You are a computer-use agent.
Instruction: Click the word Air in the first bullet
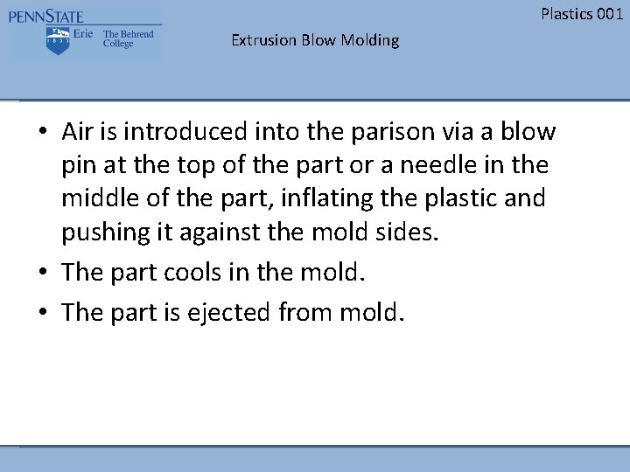coord(80,131)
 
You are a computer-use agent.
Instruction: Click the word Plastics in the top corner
coord(563,13)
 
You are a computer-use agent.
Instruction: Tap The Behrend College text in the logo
coord(128,39)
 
